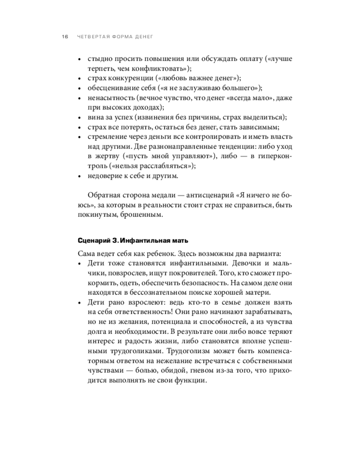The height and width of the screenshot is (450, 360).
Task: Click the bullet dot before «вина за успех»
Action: [79, 117]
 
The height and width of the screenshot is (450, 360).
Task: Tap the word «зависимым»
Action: [262, 127]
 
